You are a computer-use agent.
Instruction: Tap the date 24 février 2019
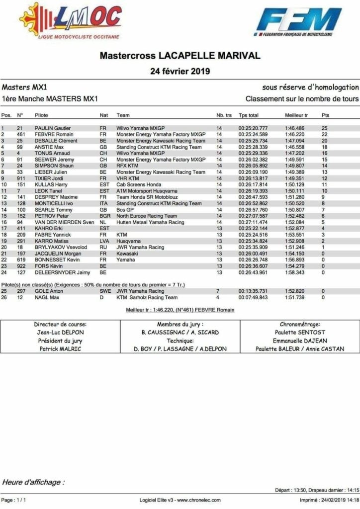pyautogui.click(x=180, y=71)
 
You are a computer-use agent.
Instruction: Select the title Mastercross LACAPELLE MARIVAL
pyautogui.click(x=180, y=55)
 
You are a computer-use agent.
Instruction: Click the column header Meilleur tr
pyautogui.click(x=296, y=115)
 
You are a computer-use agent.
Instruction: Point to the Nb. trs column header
pyautogui.click(x=224, y=115)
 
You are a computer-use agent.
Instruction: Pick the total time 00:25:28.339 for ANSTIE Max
pyautogui.click(x=253, y=147)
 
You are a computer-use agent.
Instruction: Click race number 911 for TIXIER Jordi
pyautogui.click(x=22, y=178)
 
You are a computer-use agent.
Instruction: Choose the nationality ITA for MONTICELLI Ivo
pyautogui.click(x=103, y=203)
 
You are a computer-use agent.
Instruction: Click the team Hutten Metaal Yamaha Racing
pyautogui.click(x=150, y=222)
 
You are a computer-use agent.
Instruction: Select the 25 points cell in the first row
pyautogui.click(x=325, y=128)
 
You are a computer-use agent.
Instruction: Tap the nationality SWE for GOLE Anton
pyautogui.click(x=105, y=291)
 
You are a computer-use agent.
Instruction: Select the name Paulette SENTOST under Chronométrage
pyautogui.click(x=299, y=333)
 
